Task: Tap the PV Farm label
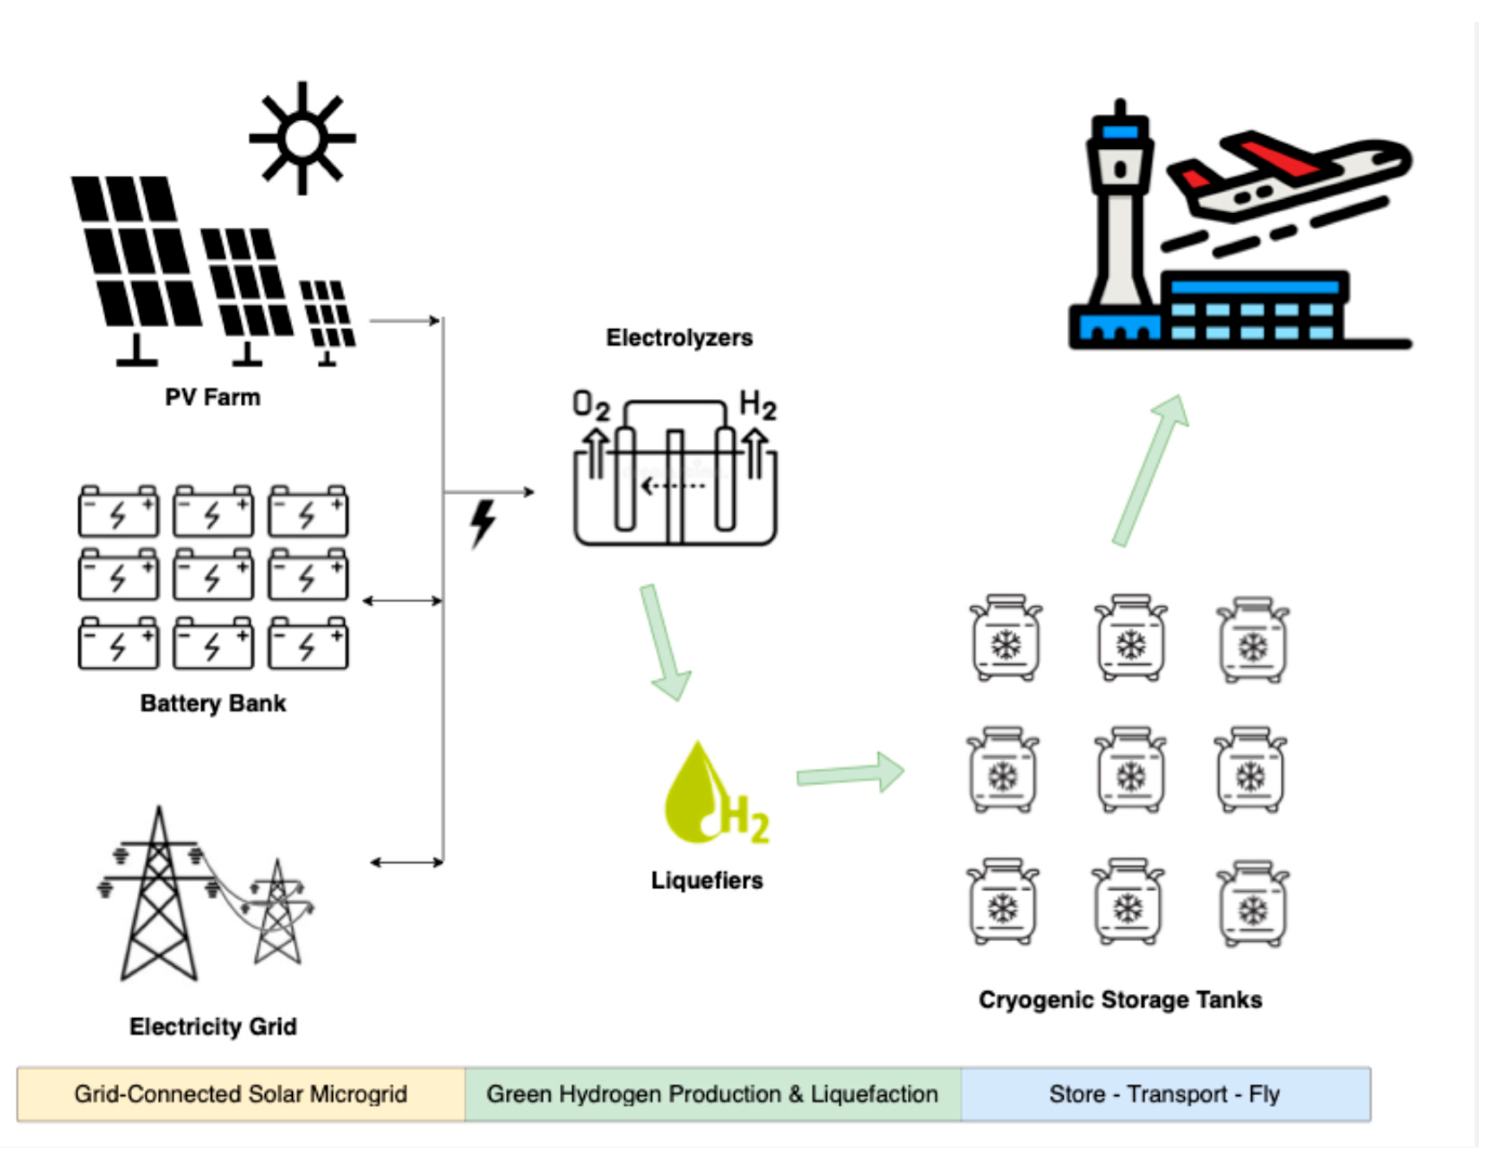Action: click(x=212, y=397)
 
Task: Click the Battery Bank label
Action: click(x=212, y=703)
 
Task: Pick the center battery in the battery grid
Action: click(x=212, y=575)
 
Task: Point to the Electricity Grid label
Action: click(x=212, y=1026)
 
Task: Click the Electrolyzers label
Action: click(x=679, y=338)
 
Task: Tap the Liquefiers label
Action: click(x=707, y=880)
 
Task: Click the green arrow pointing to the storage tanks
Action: click(x=850, y=774)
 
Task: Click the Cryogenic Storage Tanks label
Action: click(x=1120, y=1000)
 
